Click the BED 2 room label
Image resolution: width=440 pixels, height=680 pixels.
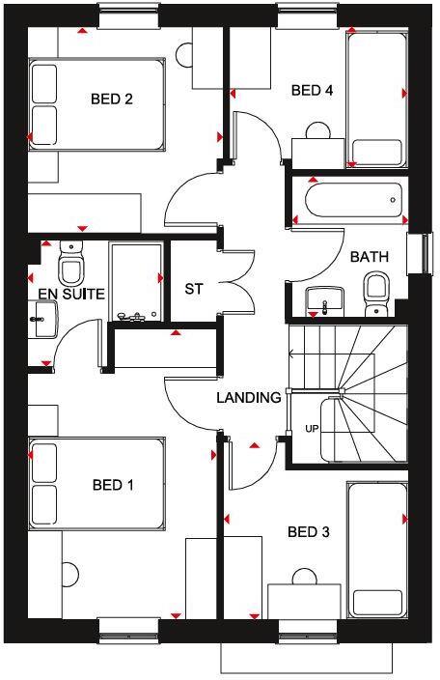(x=111, y=98)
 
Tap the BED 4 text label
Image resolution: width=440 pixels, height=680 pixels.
(x=312, y=91)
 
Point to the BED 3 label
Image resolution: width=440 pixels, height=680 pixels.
(x=309, y=531)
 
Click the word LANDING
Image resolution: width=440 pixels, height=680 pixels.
(x=248, y=397)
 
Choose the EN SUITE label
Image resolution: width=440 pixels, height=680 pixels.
(x=70, y=292)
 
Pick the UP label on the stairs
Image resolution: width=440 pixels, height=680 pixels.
(x=312, y=428)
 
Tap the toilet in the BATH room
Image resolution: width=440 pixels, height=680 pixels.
(x=376, y=289)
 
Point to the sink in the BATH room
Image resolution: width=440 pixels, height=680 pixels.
(x=325, y=300)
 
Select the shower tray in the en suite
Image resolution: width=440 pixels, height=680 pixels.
(x=135, y=281)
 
